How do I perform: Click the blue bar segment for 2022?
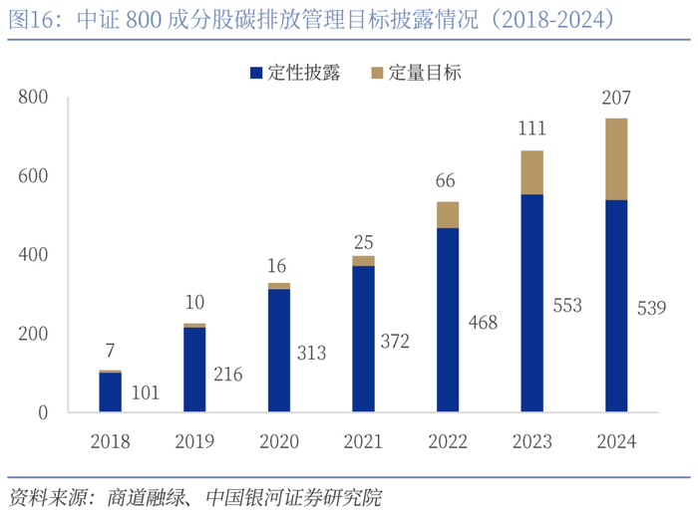coord(448,320)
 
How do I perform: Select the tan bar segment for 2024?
coord(617,159)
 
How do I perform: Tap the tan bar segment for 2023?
coord(532,172)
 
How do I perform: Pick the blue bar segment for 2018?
coord(110,391)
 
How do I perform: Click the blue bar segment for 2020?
coord(278,350)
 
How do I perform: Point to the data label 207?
coord(617,99)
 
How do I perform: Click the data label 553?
coord(566,306)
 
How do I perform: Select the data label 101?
coord(146,393)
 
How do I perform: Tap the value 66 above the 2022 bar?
coord(447,181)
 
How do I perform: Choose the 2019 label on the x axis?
coord(194,441)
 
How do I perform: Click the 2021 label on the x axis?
coord(364,441)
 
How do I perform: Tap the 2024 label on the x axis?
coord(617,441)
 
